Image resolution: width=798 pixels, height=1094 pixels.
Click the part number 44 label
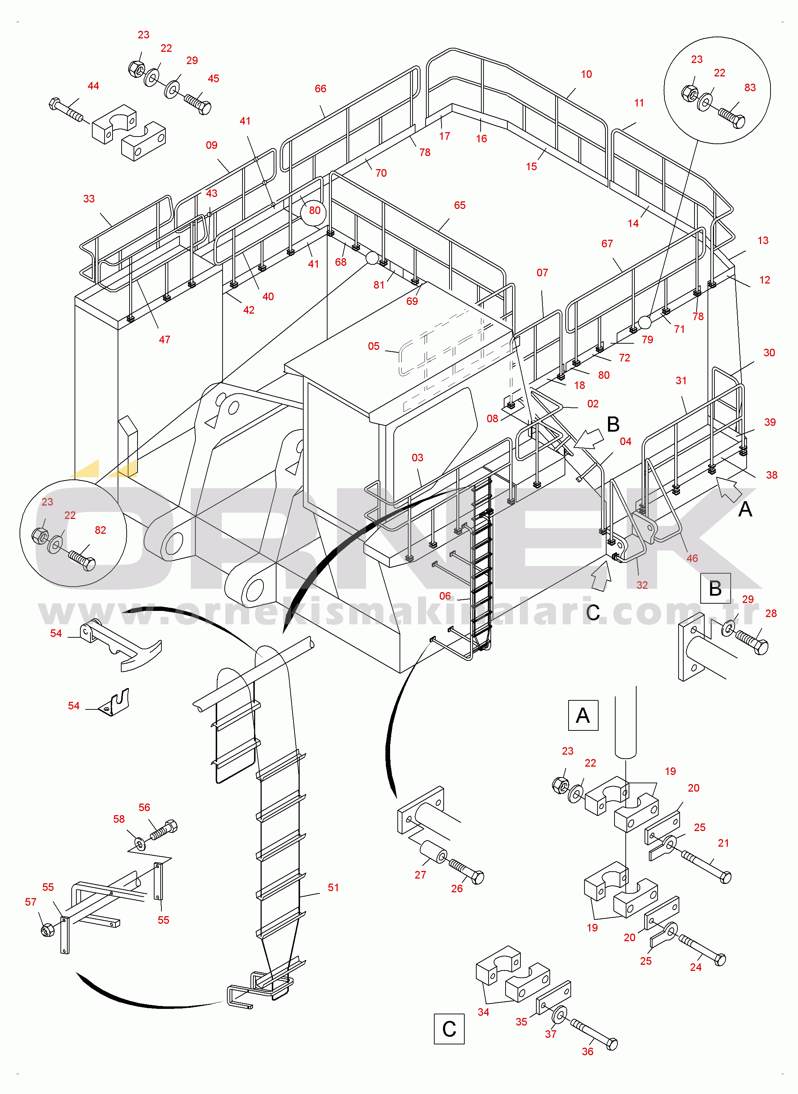[x=93, y=86]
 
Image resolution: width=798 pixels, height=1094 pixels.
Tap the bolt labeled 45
[x=198, y=103]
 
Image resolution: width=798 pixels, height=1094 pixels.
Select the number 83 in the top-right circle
[x=750, y=88]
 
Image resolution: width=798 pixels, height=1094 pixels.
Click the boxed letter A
[x=583, y=715]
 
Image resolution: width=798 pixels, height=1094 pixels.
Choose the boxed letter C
[x=449, y=1029]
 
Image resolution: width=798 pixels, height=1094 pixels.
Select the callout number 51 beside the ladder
[x=333, y=887]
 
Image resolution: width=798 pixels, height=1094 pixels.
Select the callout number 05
[x=373, y=346]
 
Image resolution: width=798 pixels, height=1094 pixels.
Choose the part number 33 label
[x=89, y=198]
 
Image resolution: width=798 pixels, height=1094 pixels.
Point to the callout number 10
[x=586, y=74]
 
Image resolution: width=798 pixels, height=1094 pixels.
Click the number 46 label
[x=692, y=558]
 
